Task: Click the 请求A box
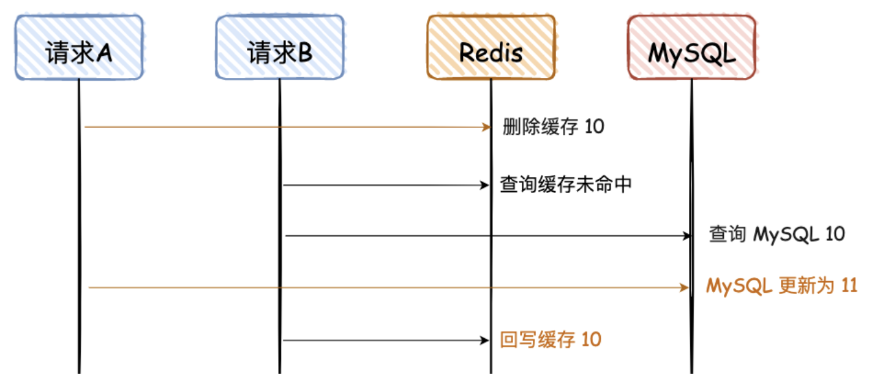[79, 48]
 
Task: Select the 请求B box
[280, 48]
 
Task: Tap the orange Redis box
[491, 48]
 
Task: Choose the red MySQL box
[691, 48]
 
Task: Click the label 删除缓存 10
[553, 127]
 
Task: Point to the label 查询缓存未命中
[565, 184]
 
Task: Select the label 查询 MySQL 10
[777, 235]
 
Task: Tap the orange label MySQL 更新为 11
[781, 286]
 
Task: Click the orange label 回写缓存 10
[551, 339]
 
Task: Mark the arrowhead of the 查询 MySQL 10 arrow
[686, 235]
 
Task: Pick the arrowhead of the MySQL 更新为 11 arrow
[686, 287]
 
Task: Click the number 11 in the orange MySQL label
[849, 286]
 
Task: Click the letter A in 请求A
[104, 53]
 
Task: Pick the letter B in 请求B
[304, 53]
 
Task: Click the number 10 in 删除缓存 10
[593, 127]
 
